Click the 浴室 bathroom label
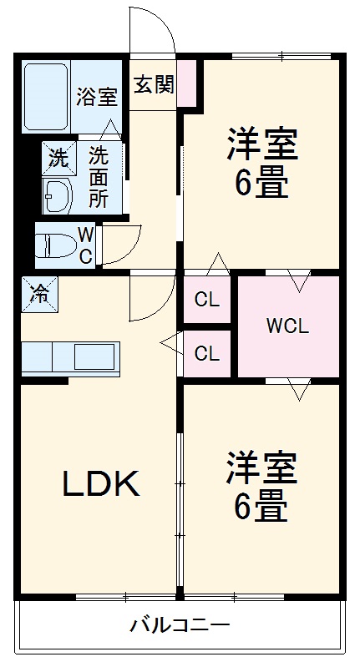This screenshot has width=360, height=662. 97,97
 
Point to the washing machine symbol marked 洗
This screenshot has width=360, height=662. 57,155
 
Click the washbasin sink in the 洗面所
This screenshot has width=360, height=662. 58,196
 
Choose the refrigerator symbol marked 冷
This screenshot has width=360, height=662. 39,292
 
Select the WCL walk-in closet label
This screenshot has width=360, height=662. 287,326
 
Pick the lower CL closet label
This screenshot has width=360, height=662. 207,353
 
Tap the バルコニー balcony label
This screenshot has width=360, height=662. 180,625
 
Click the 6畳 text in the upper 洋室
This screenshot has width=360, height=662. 261,183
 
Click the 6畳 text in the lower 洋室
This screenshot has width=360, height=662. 261,506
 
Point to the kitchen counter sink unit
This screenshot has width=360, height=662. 70,357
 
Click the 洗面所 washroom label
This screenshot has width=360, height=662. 99,176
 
